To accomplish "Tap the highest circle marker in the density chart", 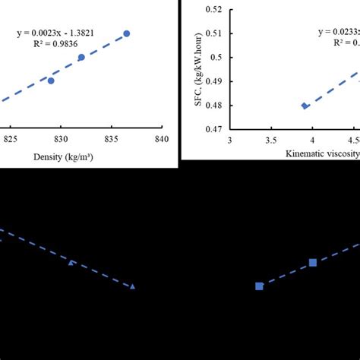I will coord(127,33).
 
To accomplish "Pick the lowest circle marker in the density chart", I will coord(51,81).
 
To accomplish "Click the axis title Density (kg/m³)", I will coord(62,158).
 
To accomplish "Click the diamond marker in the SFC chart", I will coord(305,106).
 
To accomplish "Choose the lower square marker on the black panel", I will coord(259,286).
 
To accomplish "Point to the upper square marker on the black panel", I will coord(313,263).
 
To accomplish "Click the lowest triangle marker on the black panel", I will coord(132,286).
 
